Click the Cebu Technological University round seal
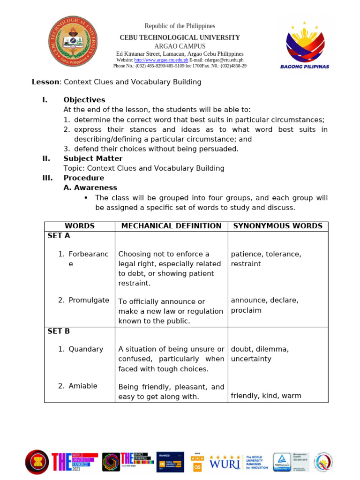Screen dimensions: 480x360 click(73, 41)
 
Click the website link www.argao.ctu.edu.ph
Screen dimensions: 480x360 click(161, 60)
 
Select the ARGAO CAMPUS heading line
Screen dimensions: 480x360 click(180, 46)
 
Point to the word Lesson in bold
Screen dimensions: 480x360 click(45, 82)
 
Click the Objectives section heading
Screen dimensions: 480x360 click(84, 100)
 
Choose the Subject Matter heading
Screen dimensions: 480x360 click(93, 158)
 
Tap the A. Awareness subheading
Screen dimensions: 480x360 click(90, 187)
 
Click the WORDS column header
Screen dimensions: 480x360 click(80, 226)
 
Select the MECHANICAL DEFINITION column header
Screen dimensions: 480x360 click(171, 226)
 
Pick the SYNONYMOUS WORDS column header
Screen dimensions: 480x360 click(277, 226)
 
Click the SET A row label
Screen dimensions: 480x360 click(59, 236)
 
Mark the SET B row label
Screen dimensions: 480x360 click(59, 331)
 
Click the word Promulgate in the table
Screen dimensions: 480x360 click(89, 300)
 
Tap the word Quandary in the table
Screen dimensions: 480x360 click(86, 349)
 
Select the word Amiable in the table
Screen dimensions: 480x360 click(83, 386)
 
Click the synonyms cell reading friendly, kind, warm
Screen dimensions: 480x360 click(266, 396)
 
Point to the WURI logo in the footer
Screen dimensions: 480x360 click(225, 462)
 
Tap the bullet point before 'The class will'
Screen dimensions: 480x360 click(86, 198)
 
